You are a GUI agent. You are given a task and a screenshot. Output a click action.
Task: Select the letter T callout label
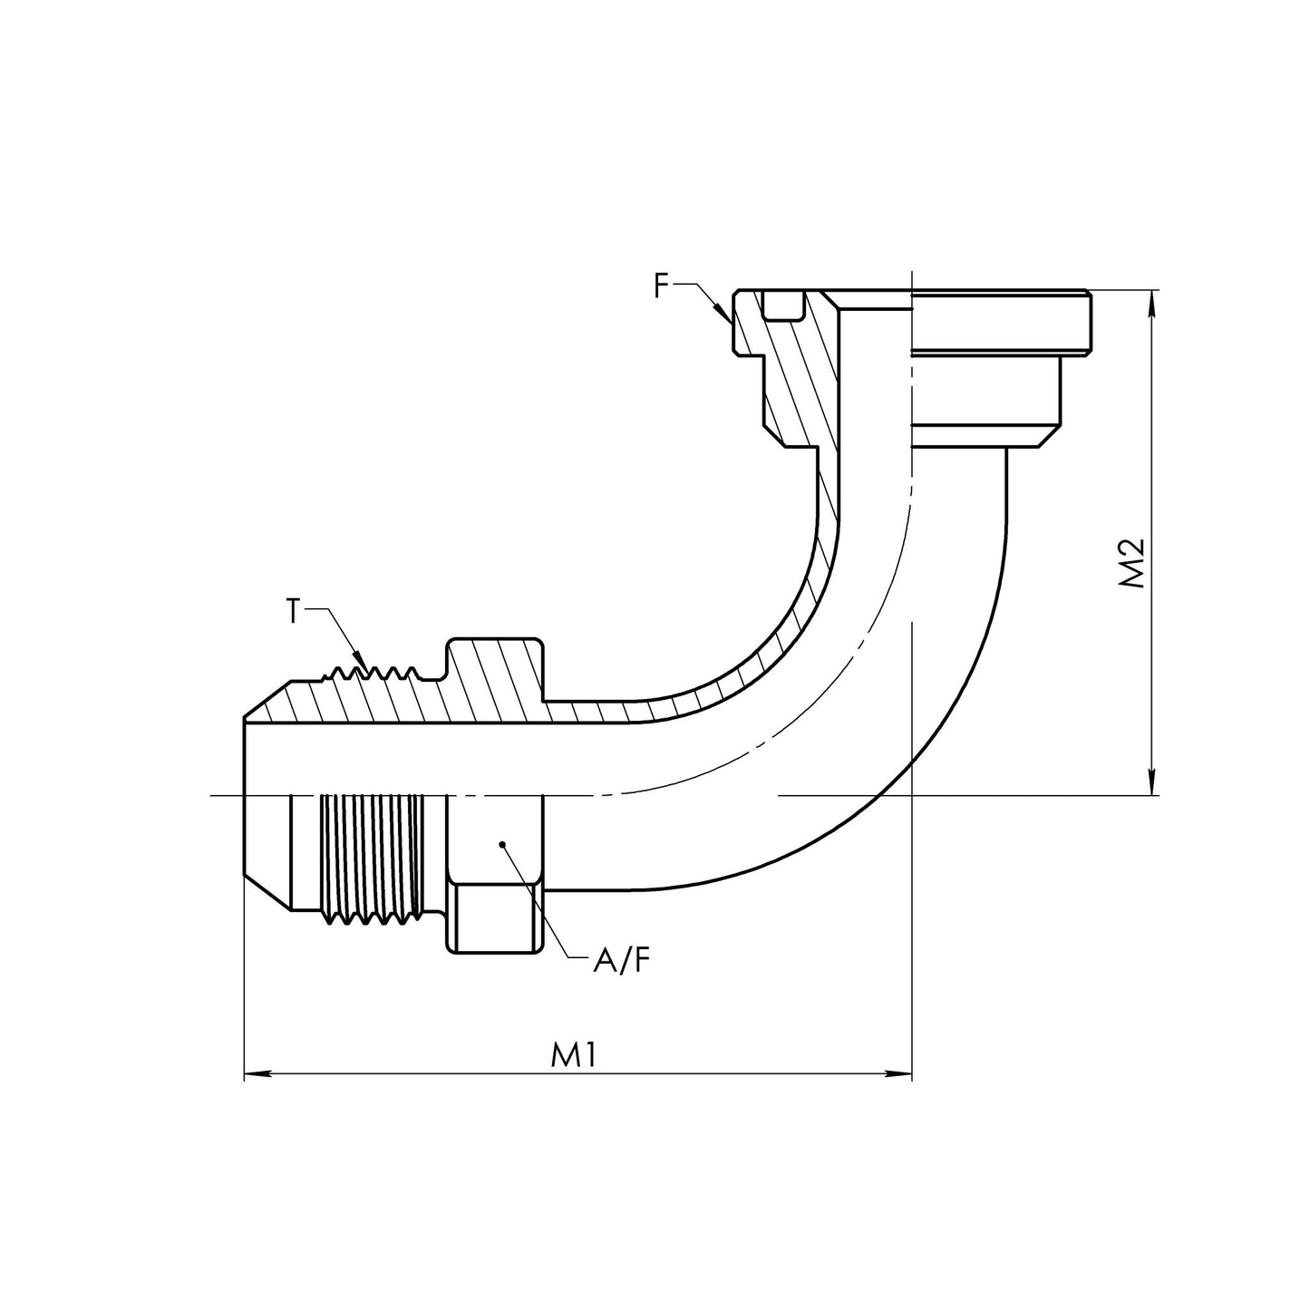293,613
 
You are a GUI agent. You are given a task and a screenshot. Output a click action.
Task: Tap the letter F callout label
663,286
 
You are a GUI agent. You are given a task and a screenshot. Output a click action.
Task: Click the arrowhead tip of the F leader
731,323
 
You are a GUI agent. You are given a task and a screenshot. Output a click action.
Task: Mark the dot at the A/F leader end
500,845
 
